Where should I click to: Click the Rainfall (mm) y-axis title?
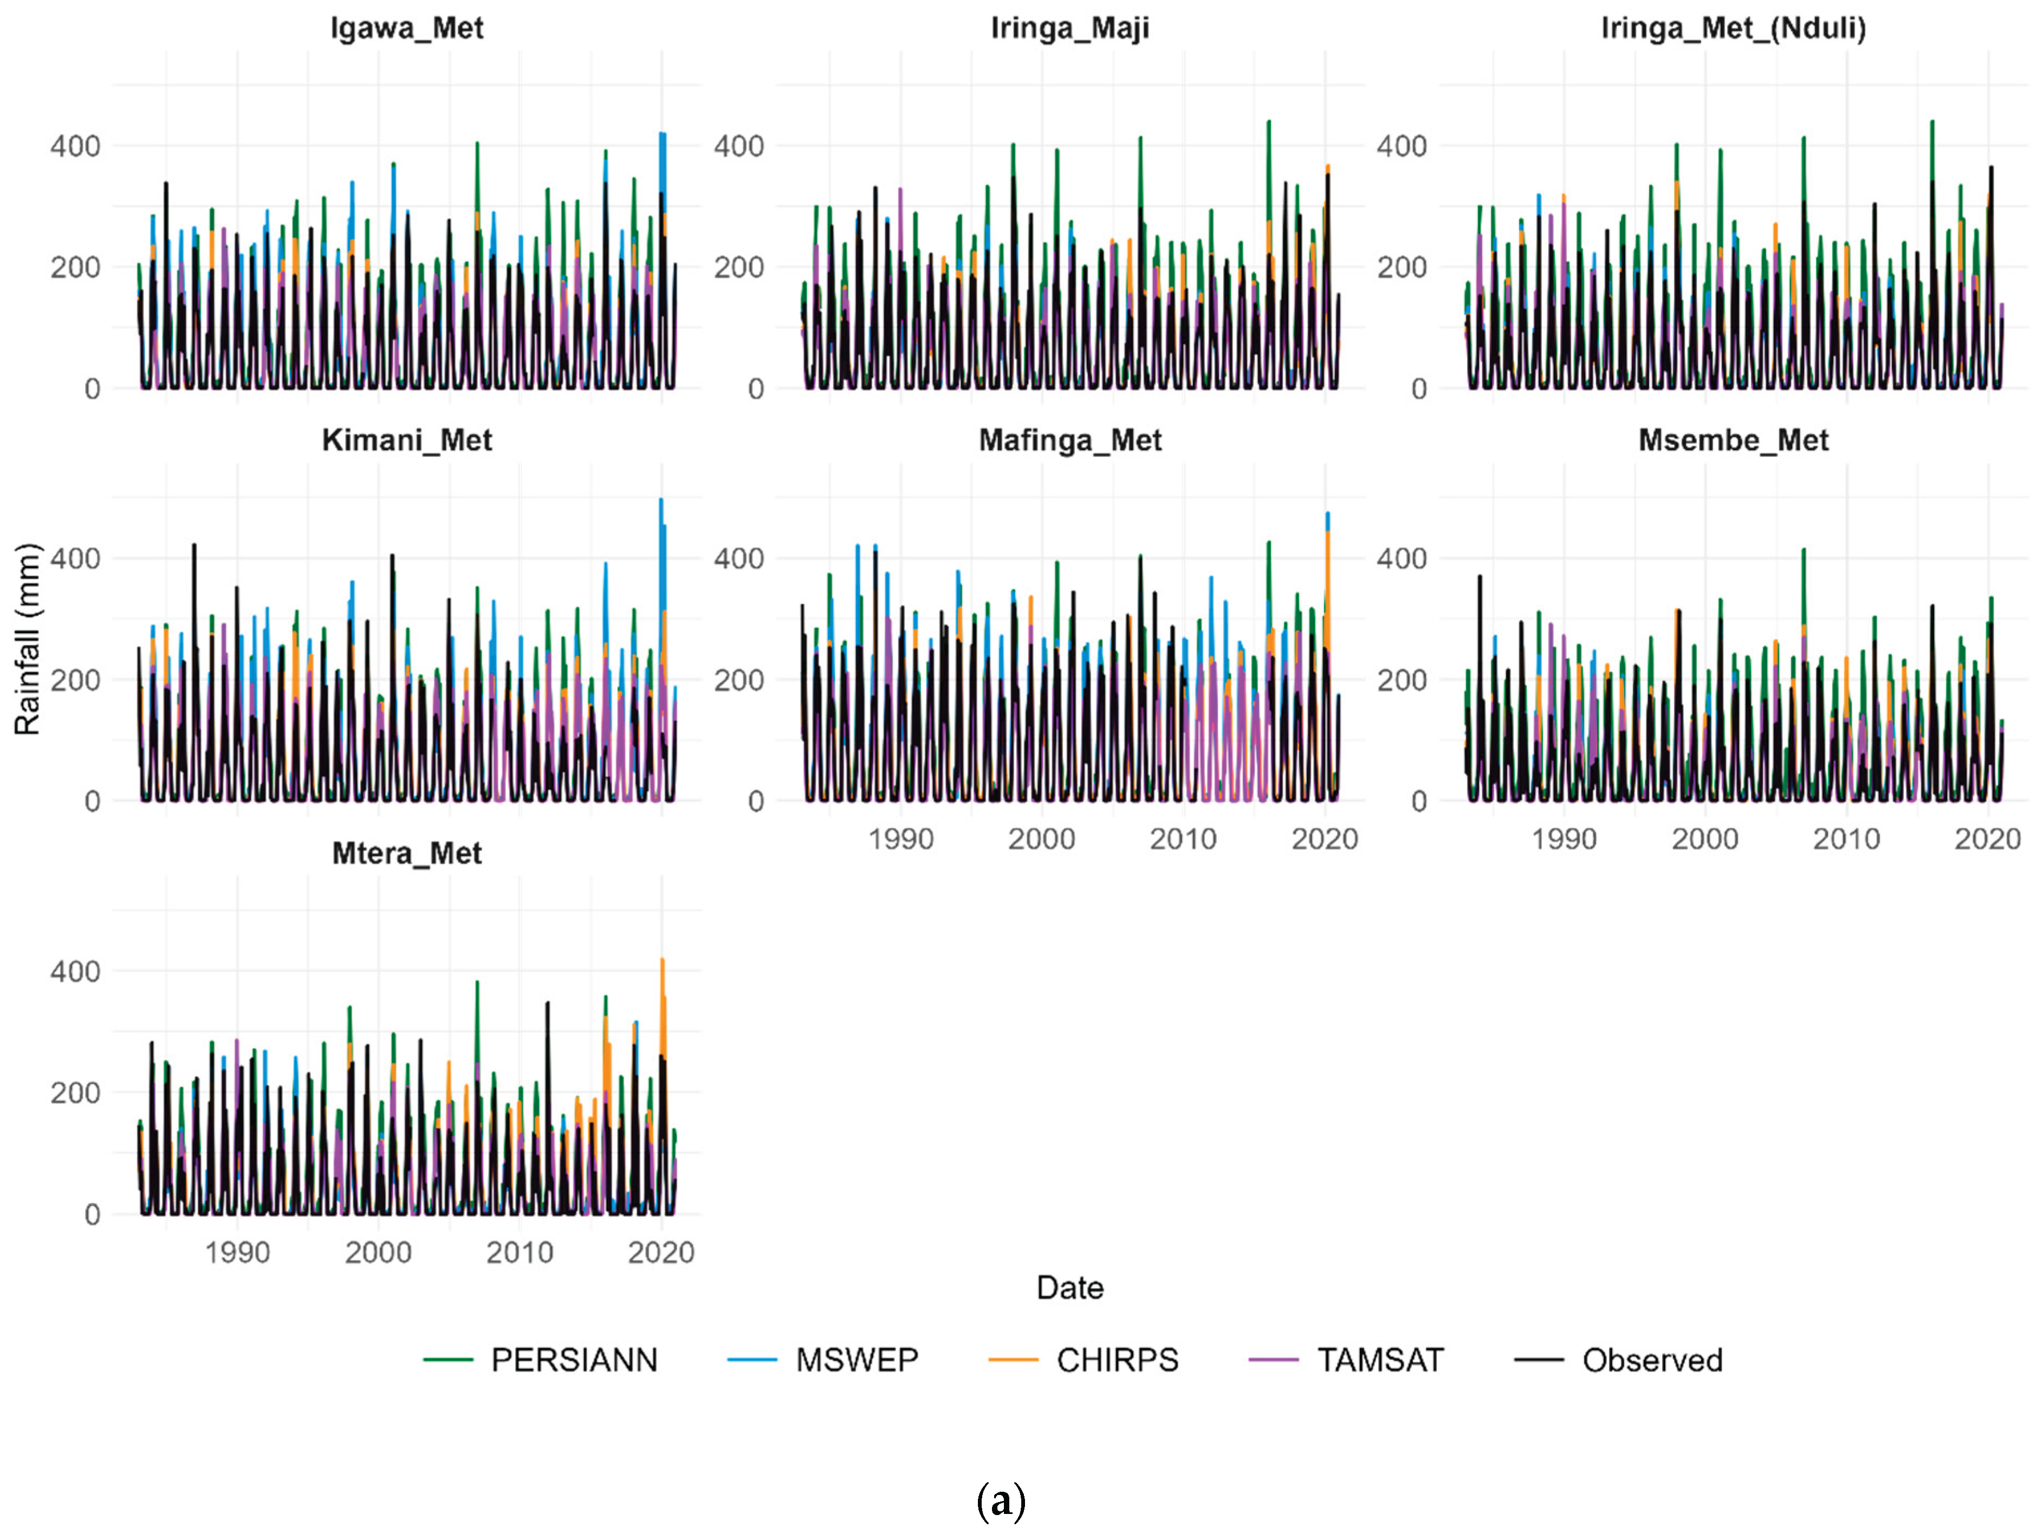(28, 639)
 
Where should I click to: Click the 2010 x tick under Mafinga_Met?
(1183, 840)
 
